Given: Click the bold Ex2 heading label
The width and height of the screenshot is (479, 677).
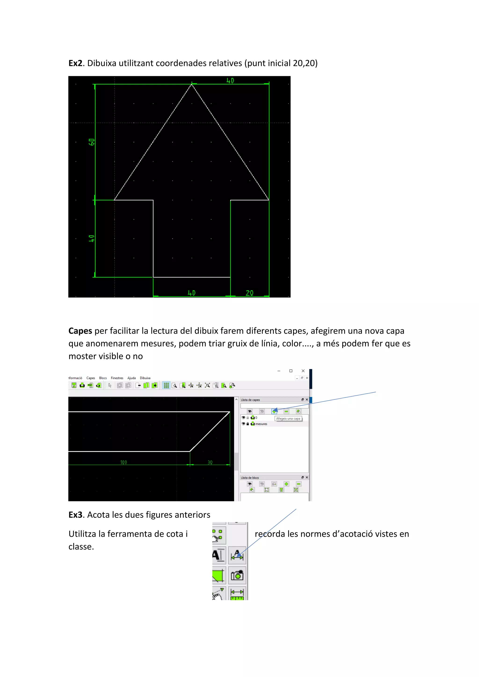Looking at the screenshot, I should coord(75,63).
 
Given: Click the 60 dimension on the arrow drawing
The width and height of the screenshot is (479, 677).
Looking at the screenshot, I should coord(92,142).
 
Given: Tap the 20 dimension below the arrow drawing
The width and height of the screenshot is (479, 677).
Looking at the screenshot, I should coord(250,293).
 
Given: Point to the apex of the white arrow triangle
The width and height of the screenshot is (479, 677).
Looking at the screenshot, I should coord(192,85).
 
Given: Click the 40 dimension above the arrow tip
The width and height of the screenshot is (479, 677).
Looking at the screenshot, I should coord(230,80).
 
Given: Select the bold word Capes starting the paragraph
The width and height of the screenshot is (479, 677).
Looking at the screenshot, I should coord(80,331).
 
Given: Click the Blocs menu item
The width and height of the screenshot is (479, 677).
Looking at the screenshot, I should coord(103,378).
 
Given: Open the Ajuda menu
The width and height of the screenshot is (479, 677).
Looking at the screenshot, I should coord(131,378).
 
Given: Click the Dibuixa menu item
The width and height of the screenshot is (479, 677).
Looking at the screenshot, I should coord(145,378).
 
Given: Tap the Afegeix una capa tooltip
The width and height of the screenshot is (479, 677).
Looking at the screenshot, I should coord(288,418).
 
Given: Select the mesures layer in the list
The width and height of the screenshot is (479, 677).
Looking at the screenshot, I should coord(261,424).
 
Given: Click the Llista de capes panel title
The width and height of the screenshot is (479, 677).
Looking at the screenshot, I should coord(250,400).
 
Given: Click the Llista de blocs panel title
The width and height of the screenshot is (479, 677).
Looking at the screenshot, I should coord(250,478).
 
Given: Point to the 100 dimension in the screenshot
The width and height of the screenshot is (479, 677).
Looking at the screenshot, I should coord(123,462).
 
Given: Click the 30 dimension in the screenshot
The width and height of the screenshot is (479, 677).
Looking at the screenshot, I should coord(210,462).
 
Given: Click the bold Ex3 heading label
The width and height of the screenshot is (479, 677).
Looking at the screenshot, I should coord(75,515).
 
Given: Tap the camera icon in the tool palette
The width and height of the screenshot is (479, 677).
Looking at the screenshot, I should coord(237,576).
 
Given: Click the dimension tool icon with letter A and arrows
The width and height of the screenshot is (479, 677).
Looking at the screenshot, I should coord(237,555).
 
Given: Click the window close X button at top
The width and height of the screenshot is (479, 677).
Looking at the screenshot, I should coord(303,371).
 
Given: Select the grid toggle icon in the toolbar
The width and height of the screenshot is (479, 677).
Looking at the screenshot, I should coord(166,385).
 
